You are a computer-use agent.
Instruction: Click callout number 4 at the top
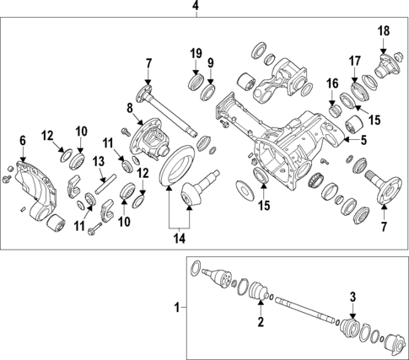tap(196, 8)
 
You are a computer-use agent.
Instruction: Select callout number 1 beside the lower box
tap(177, 308)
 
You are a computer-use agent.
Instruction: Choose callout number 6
tap(23, 141)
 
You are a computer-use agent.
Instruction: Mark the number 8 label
tap(130, 107)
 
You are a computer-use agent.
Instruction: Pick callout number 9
tap(210, 62)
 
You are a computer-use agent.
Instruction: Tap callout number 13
tap(99, 161)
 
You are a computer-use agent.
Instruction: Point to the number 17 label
tap(355, 60)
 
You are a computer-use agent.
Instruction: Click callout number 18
tap(384, 31)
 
